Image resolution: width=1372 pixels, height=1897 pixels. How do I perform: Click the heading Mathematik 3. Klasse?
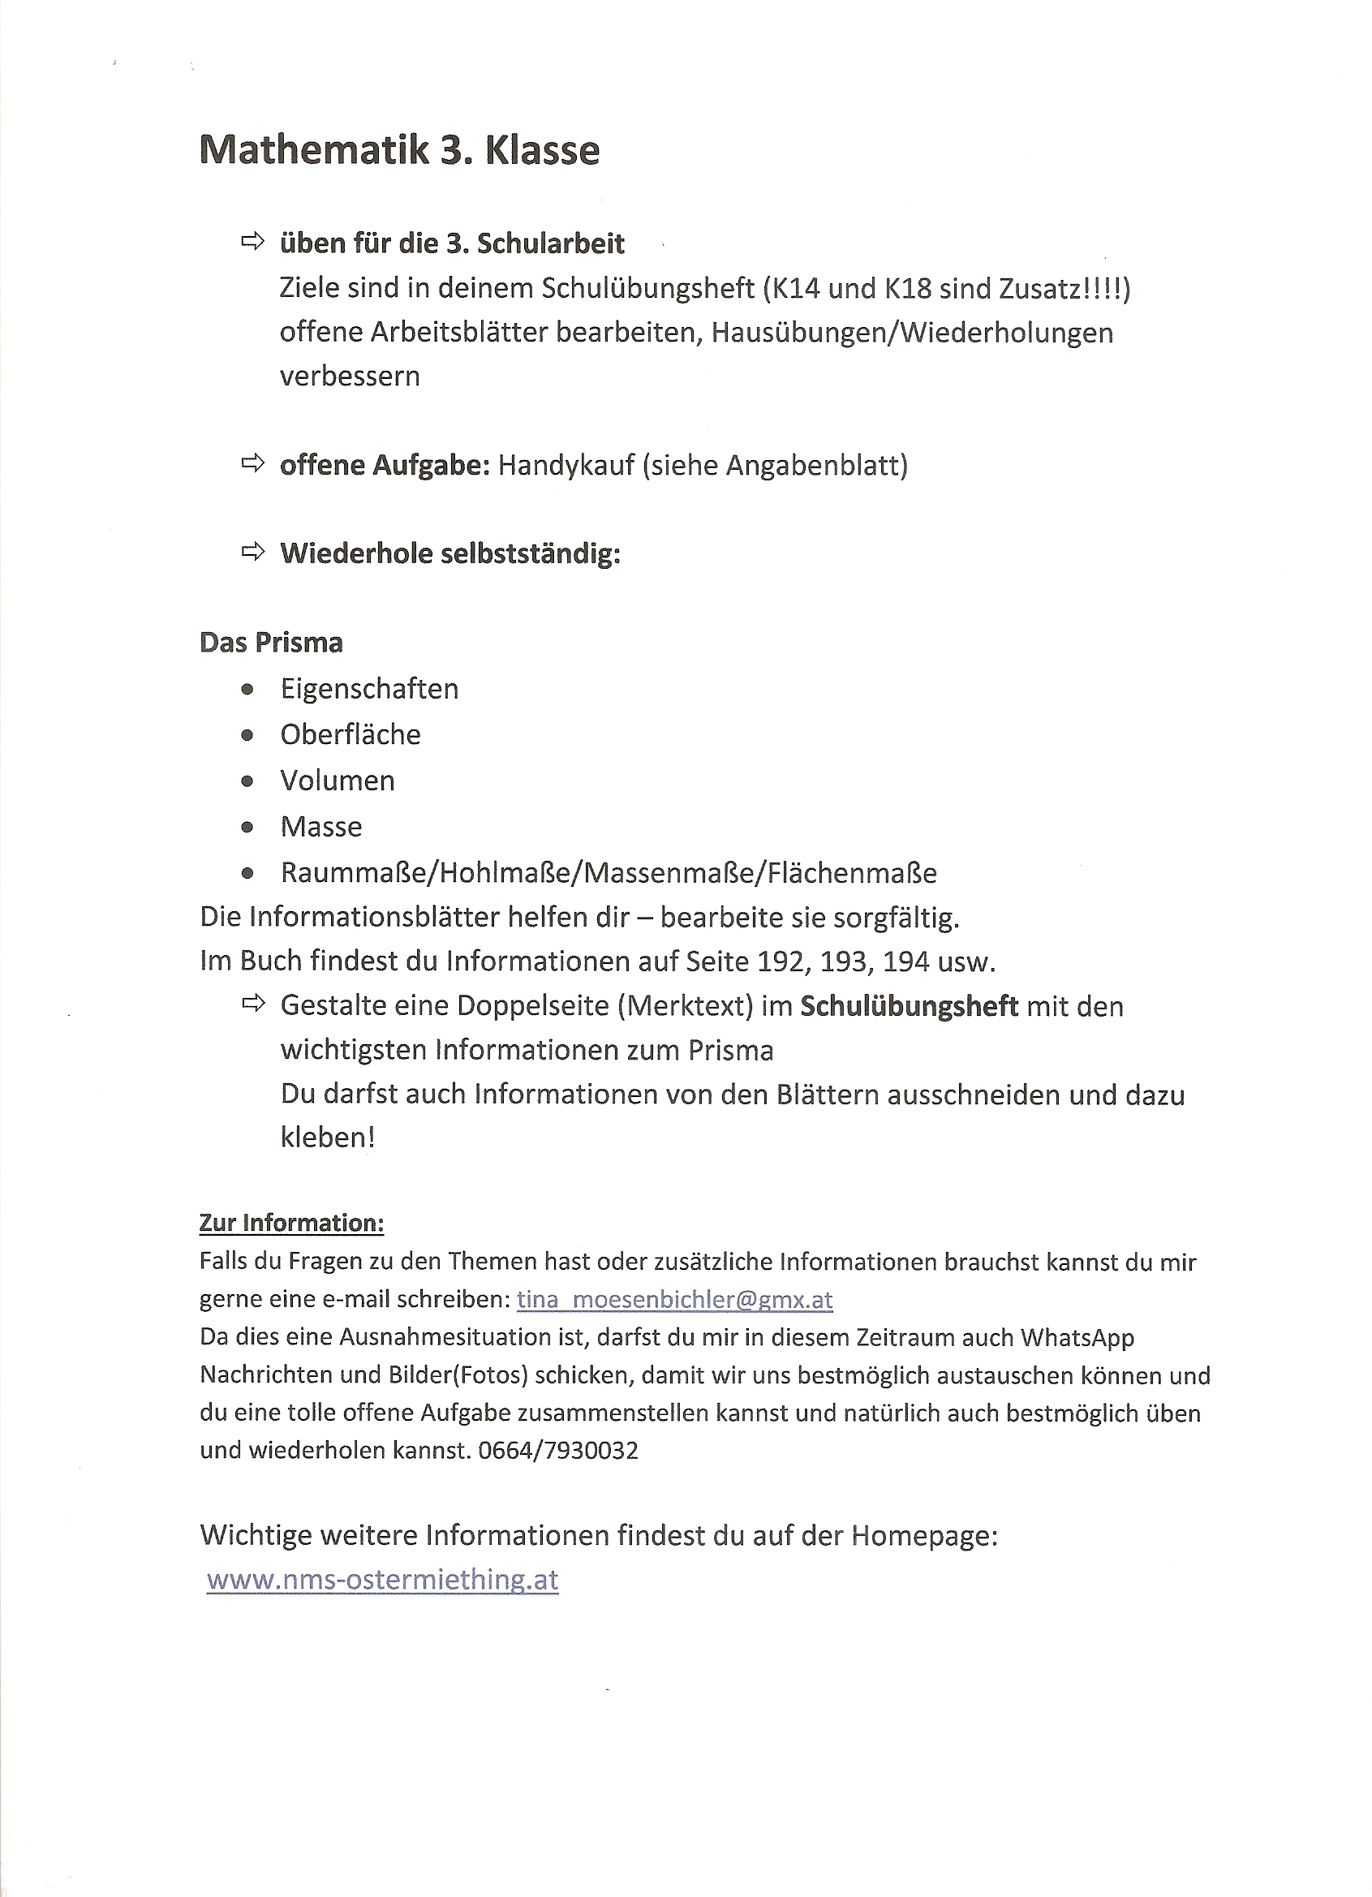click(399, 151)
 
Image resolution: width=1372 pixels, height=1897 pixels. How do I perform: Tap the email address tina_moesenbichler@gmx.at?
click(674, 1299)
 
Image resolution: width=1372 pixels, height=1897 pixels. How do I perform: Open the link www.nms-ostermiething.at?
click(382, 1579)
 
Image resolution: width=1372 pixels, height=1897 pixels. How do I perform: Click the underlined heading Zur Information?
click(291, 1223)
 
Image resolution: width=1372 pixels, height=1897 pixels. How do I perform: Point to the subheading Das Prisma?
click(271, 643)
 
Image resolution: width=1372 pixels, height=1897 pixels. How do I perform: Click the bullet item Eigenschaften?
click(369, 688)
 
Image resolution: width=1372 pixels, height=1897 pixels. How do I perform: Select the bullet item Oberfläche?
click(350, 734)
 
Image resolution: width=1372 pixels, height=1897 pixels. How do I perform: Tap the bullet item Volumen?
click(338, 781)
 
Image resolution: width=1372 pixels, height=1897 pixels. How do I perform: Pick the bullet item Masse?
click(321, 826)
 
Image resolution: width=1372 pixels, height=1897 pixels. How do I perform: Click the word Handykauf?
click(566, 465)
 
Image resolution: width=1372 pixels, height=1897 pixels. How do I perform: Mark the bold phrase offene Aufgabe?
click(385, 465)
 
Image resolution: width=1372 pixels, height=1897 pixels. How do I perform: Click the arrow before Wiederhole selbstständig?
click(252, 551)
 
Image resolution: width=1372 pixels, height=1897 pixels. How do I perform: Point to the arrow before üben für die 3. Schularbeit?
click(252, 243)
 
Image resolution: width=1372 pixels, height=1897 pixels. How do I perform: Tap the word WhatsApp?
click(1077, 1337)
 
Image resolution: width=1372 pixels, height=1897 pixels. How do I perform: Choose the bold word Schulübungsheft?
click(909, 1006)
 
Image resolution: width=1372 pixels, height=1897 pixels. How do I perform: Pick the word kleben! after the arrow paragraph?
click(327, 1138)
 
